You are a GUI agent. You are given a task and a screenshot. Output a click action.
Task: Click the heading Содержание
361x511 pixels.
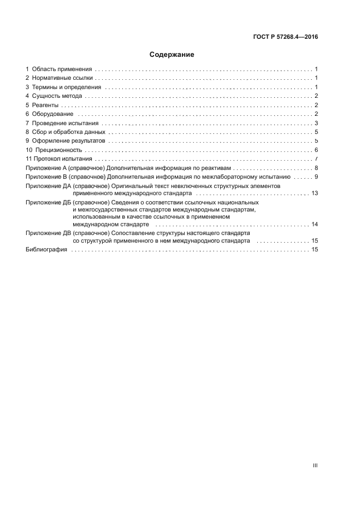point(172,55)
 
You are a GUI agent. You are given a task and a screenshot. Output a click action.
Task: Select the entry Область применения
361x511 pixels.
point(62,69)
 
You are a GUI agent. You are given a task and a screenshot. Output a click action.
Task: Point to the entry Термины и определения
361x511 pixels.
point(67,87)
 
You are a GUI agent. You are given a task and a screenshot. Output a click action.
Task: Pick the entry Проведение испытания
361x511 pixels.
point(65,123)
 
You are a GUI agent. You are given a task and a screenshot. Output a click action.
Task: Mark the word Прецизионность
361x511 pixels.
point(58,150)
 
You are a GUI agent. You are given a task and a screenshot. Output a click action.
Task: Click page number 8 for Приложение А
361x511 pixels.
point(316,168)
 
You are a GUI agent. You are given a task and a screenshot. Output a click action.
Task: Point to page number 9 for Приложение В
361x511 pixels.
point(316,177)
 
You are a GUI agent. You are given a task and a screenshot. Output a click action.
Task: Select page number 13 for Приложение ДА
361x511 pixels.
point(315,193)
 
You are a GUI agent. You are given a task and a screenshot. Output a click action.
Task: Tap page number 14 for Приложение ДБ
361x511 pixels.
point(315,224)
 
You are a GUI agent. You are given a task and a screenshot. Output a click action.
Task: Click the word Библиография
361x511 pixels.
point(46,249)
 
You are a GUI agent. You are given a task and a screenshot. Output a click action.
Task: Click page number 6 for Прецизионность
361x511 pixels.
point(316,150)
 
